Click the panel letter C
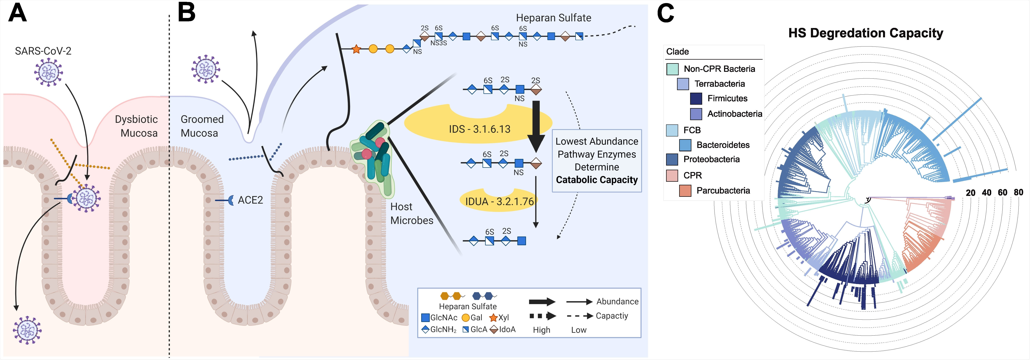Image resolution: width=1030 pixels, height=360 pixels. [665, 13]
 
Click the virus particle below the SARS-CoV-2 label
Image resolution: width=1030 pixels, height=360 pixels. [48, 72]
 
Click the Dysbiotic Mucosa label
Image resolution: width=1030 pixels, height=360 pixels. [136, 126]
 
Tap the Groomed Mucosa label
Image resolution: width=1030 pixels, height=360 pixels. [202, 126]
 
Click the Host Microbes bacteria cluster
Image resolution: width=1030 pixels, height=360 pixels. [372, 158]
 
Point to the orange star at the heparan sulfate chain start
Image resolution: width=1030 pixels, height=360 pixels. [356, 49]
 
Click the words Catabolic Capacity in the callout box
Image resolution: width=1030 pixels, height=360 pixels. [597, 180]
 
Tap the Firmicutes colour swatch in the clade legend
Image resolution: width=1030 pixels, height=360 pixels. [696, 98]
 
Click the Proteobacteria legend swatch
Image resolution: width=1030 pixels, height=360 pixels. [672, 159]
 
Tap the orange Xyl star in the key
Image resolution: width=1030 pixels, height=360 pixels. [493, 318]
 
